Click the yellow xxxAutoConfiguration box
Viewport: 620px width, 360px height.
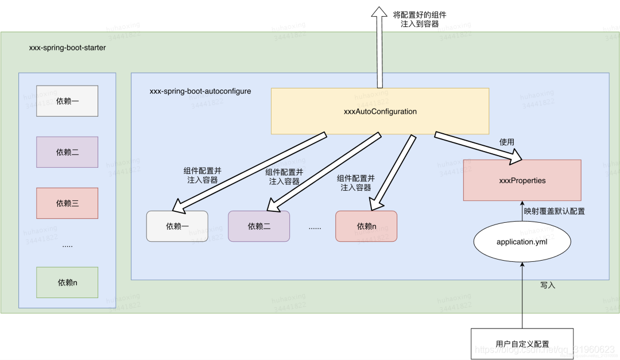point(379,111)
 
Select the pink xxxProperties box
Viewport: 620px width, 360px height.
point(522,180)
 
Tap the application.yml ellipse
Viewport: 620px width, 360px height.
point(522,242)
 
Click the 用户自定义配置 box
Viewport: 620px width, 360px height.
point(522,344)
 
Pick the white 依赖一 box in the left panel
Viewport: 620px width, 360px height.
point(67,101)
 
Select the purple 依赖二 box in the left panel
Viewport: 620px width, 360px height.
point(67,152)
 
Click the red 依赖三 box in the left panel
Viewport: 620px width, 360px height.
point(67,203)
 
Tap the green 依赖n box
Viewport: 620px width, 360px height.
point(67,282)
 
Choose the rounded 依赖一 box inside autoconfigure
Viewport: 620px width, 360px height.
point(177,226)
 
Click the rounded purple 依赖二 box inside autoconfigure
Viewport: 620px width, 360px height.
point(259,226)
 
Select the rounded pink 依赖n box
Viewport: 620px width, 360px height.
point(366,226)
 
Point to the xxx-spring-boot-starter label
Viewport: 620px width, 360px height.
point(67,48)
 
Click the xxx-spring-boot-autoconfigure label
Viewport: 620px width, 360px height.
point(200,91)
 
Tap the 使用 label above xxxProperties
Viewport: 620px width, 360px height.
point(507,141)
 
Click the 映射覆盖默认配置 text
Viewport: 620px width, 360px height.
point(554,211)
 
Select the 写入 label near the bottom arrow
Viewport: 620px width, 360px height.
point(548,285)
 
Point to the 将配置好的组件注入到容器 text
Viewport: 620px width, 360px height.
point(420,19)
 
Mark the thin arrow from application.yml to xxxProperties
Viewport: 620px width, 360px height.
point(522,214)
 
